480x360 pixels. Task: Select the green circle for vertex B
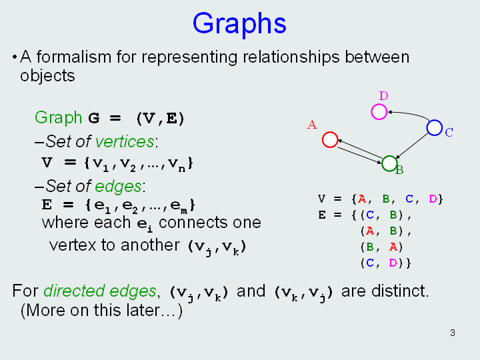(383, 163)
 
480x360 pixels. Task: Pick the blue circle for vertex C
(427, 127)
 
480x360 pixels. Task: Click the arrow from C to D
(410, 113)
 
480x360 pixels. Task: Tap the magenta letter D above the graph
(383, 96)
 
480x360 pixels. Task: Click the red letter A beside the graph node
(312, 125)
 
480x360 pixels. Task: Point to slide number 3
(453, 333)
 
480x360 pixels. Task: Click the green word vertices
(125, 142)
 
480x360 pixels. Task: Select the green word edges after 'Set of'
(118, 187)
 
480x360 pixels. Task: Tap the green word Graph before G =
(58, 118)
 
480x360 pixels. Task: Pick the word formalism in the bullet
(74, 57)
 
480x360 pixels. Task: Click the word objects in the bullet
(47, 76)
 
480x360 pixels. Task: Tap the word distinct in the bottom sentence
(400, 291)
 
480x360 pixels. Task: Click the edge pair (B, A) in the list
(381, 247)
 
